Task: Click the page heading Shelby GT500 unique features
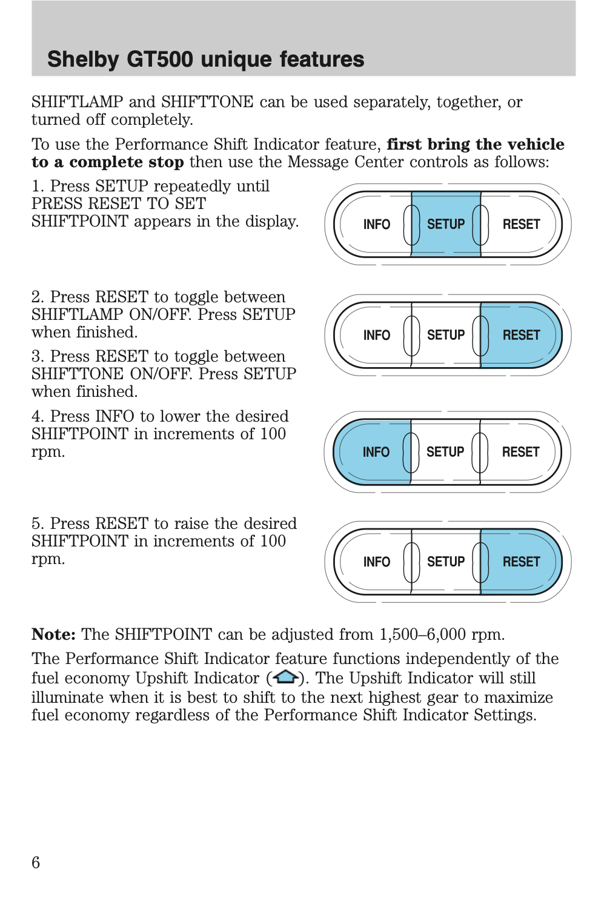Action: pyautogui.click(x=205, y=59)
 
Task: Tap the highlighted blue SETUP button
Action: pyautogui.click(x=446, y=224)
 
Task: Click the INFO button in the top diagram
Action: pyautogui.click(x=376, y=224)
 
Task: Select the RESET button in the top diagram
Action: pyautogui.click(x=521, y=224)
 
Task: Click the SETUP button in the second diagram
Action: pyautogui.click(x=446, y=335)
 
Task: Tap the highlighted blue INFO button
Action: pyautogui.click(x=376, y=452)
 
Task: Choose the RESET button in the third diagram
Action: pyautogui.click(x=520, y=452)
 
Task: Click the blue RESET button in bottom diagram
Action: pyautogui.click(x=521, y=562)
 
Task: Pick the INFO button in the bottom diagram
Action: pyautogui.click(x=376, y=562)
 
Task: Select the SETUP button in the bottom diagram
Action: pyautogui.click(x=446, y=562)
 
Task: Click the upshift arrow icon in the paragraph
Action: pyautogui.click(x=285, y=677)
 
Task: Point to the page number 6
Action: pyautogui.click(x=36, y=862)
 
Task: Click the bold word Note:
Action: pyautogui.click(x=53, y=634)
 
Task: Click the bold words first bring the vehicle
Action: pyautogui.click(x=475, y=144)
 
